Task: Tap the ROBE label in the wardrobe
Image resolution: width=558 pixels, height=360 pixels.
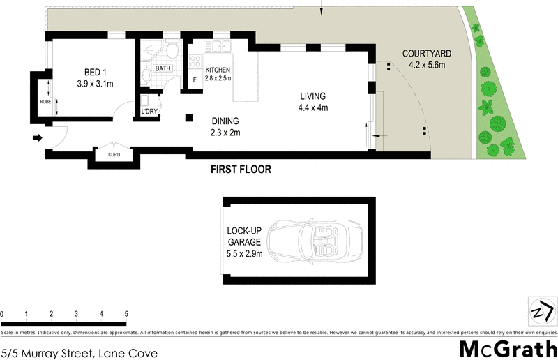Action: pyautogui.click(x=45, y=102)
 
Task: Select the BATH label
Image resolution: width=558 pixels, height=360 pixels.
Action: pyautogui.click(x=163, y=68)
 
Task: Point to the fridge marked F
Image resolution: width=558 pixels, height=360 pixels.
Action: pyautogui.click(x=195, y=79)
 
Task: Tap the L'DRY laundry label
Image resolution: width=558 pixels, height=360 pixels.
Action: pyautogui.click(x=149, y=112)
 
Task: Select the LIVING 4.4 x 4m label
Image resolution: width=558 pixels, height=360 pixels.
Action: pyautogui.click(x=313, y=102)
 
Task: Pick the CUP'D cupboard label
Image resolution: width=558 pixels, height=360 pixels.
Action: pyautogui.click(x=113, y=154)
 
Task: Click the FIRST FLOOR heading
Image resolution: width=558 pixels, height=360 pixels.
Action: pyautogui.click(x=241, y=170)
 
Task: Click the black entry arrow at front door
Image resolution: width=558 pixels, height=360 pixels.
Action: pyautogui.click(x=36, y=137)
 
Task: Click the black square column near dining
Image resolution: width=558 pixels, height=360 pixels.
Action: pyautogui.click(x=188, y=118)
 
